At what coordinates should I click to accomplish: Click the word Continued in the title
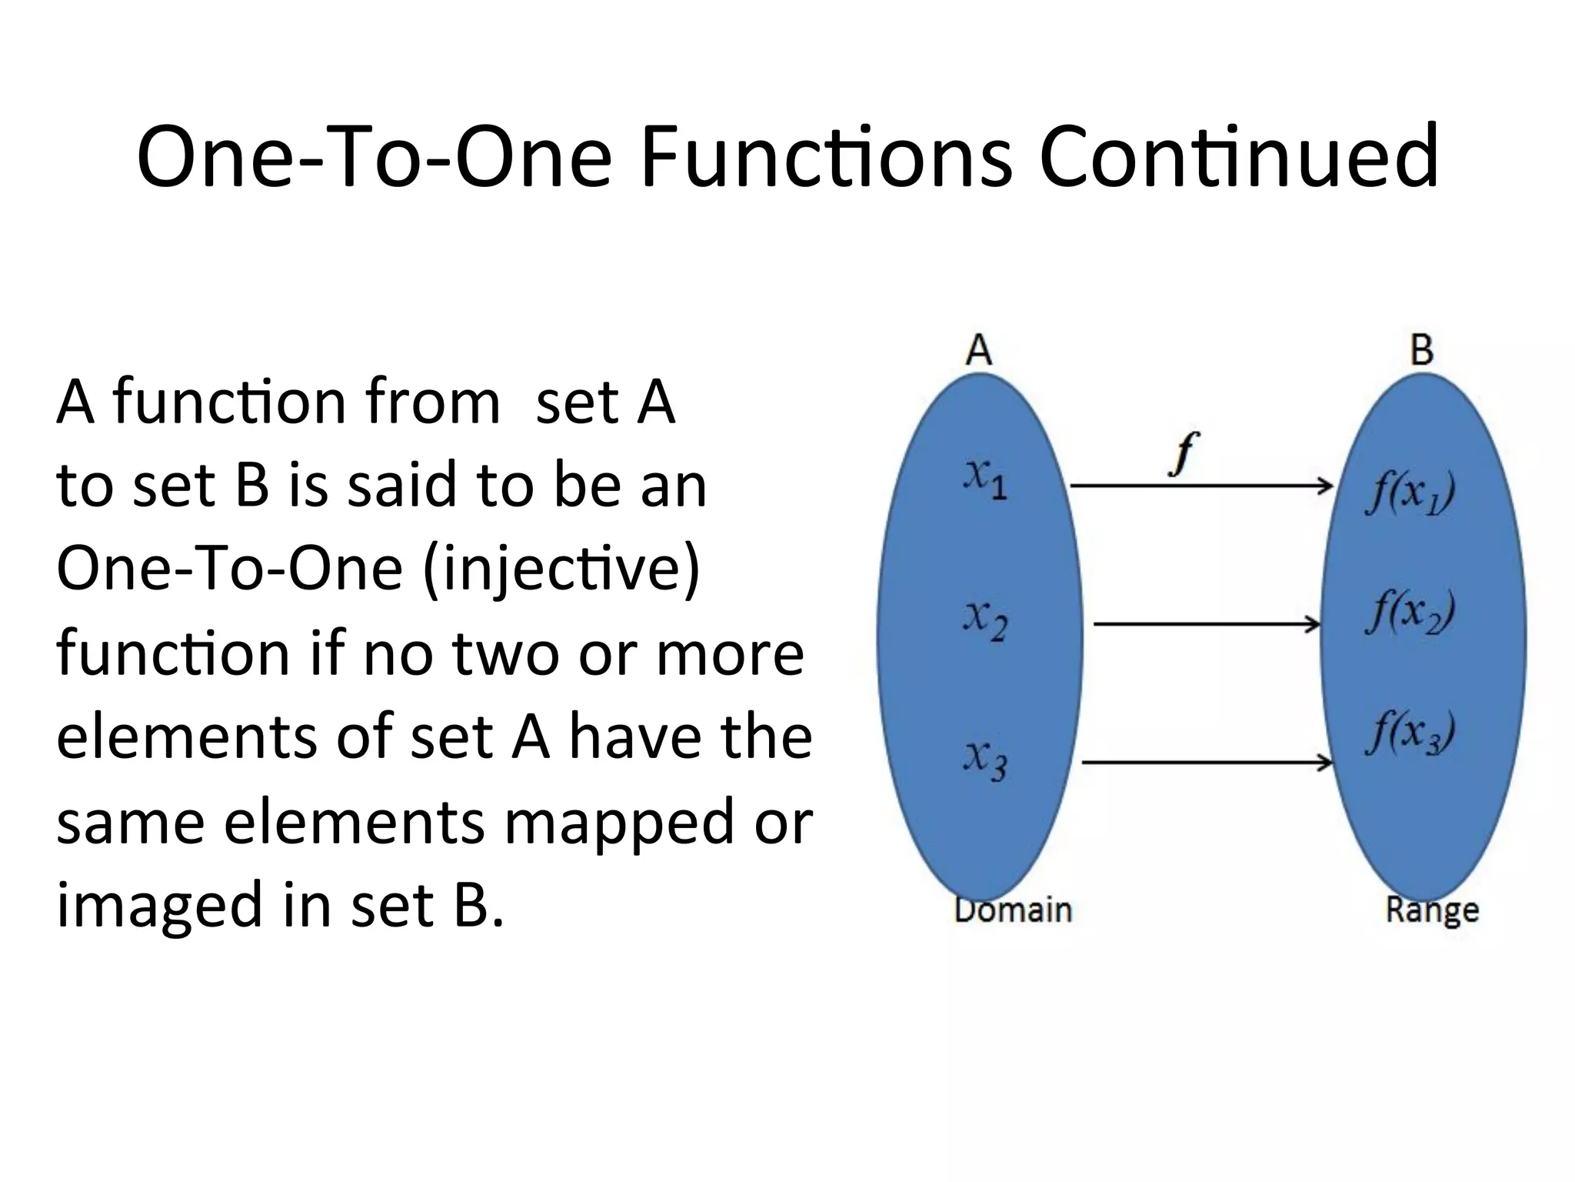click(1238, 158)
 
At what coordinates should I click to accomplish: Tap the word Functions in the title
click(826, 158)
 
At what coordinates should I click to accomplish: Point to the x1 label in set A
click(985, 479)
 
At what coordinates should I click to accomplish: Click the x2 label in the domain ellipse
click(985, 619)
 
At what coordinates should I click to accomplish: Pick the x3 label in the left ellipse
click(985, 760)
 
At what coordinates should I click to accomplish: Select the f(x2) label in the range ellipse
click(1410, 613)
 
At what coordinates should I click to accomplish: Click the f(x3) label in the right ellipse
click(1410, 733)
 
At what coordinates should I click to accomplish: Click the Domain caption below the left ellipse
click(1013, 910)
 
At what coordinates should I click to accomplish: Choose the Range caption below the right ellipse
click(1432, 911)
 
